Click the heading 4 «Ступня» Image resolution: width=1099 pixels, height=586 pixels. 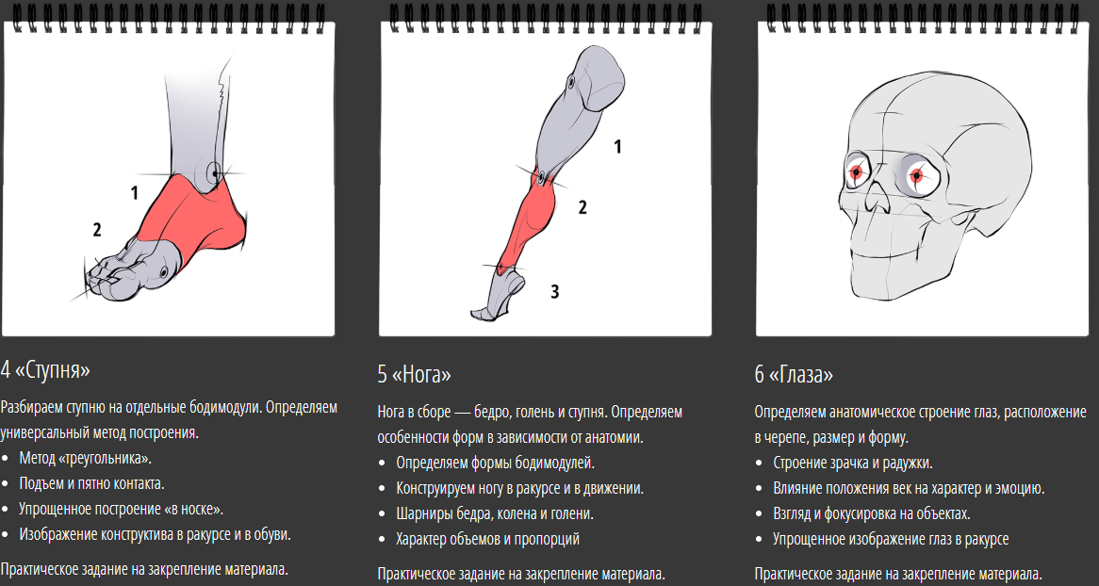[45, 369]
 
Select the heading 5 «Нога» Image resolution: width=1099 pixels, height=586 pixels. [414, 374]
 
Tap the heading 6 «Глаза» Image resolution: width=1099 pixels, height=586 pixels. [795, 374]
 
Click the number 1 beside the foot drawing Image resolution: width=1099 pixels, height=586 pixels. [135, 192]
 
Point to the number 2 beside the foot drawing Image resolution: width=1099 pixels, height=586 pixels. [97, 229]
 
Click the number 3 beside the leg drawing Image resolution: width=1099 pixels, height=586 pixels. [554, 291]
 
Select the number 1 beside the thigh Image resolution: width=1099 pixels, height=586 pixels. [617, 147]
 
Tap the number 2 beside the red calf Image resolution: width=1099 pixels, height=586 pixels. [582, 206]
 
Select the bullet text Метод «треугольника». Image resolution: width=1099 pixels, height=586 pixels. [86, 459]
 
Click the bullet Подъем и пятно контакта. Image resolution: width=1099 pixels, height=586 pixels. [91, 483]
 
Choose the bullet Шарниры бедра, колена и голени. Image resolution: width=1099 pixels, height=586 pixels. [495, 513]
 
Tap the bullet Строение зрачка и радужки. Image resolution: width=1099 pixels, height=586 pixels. [853, 463]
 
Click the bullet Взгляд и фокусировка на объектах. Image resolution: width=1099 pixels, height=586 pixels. [872, 513]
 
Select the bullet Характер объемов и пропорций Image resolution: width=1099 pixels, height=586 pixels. [488, 539]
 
